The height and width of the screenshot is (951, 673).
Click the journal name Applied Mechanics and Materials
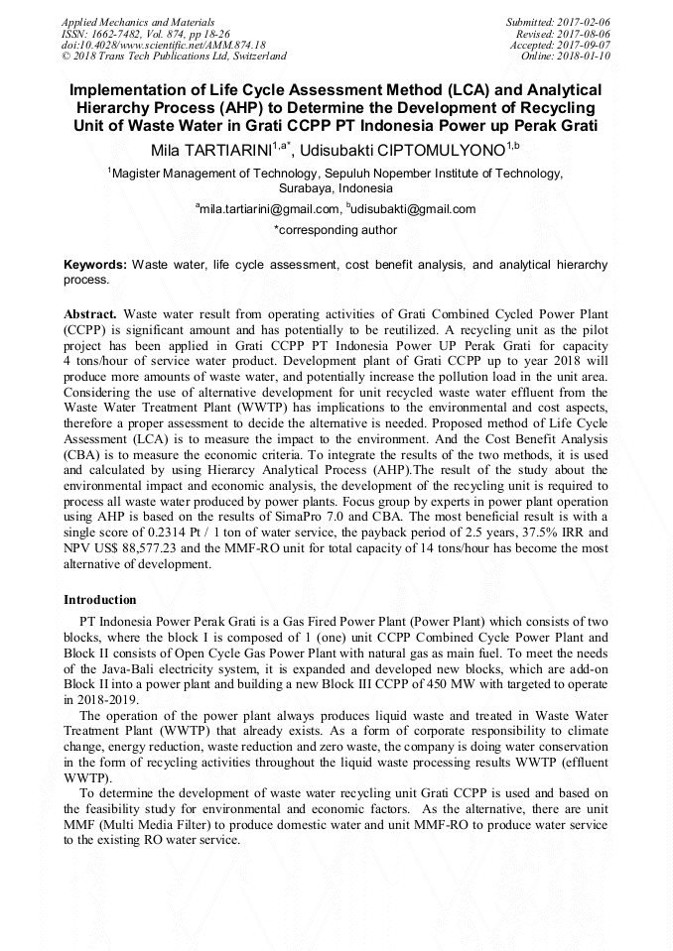[x=138, y=21]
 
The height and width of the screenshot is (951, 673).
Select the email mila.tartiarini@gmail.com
[x=268, y=209]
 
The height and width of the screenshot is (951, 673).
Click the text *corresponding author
[x=336, y=229]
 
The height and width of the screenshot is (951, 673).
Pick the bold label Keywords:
[x=95, y=266]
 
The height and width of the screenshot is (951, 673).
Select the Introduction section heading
[x=100, y=600]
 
